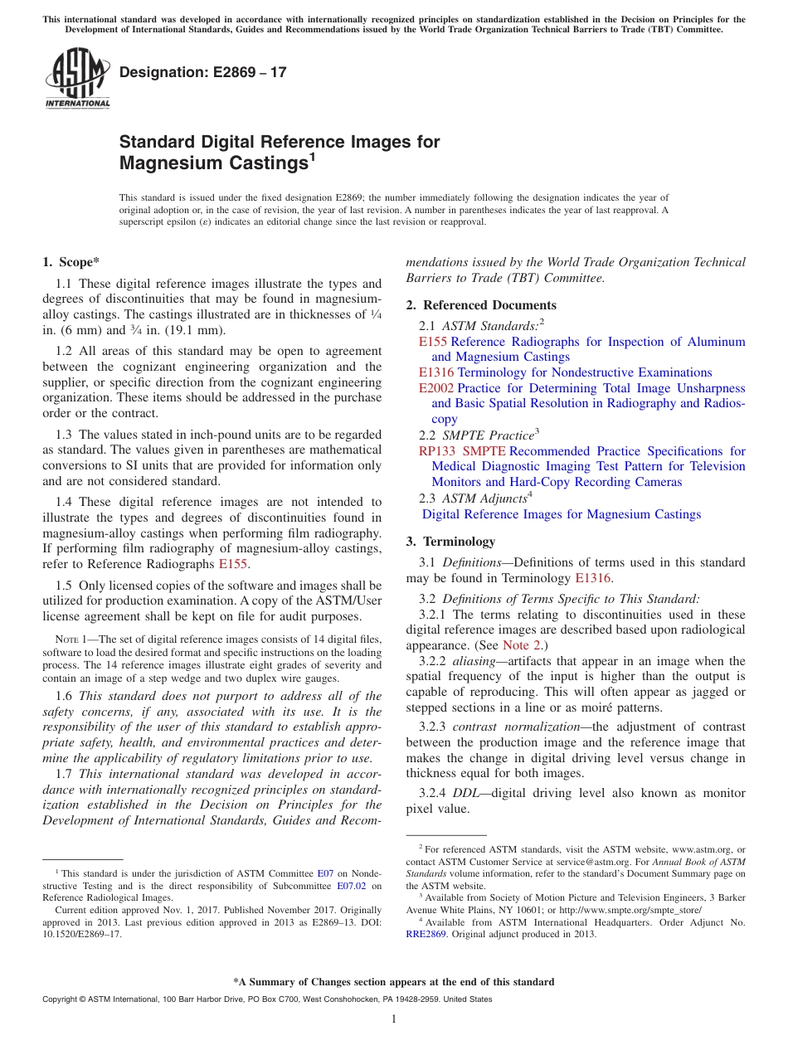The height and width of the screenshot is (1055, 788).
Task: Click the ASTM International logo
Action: pyautogui.click(x=77, y=78)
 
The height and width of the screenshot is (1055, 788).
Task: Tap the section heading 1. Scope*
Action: pyautogui.click(x=71, y=262)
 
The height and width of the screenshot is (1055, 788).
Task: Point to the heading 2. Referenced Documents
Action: pyautogui.click(x=481, y=305)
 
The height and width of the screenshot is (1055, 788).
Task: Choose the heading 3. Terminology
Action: pyautogui.click(x=450, y=542)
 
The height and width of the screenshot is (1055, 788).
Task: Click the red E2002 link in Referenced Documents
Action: pyautogui.click(x=436, y=388)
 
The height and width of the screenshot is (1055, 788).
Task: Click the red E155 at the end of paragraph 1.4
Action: pyautogui.click(x=233, y=564)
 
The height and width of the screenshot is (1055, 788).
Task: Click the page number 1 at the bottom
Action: pyautogui.click(x=394, y=1019)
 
